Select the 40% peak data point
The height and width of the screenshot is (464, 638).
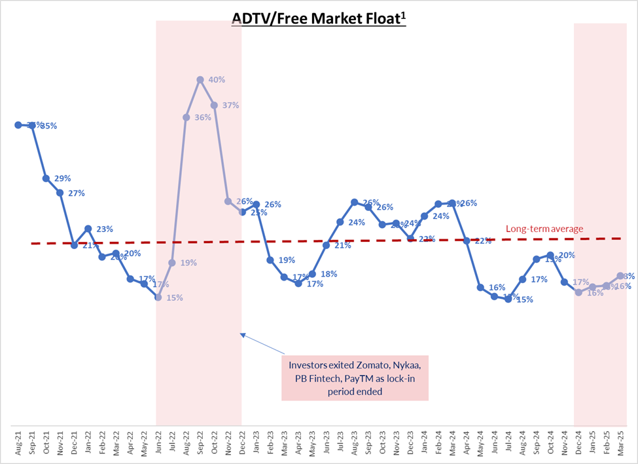(200, 79)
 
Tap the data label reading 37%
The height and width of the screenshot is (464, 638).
(231, 105)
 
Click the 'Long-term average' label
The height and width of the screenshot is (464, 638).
(544, 229)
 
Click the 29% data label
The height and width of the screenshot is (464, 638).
(62, 178)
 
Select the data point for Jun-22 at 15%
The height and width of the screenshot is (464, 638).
(158, 297)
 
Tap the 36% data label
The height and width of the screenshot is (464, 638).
(203, 118)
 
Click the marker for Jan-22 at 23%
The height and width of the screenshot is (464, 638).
(88, 229)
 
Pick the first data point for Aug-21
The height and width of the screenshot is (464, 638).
(18, 125)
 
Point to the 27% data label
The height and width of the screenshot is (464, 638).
(76, 193)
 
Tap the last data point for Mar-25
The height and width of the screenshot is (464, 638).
(620, 276)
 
